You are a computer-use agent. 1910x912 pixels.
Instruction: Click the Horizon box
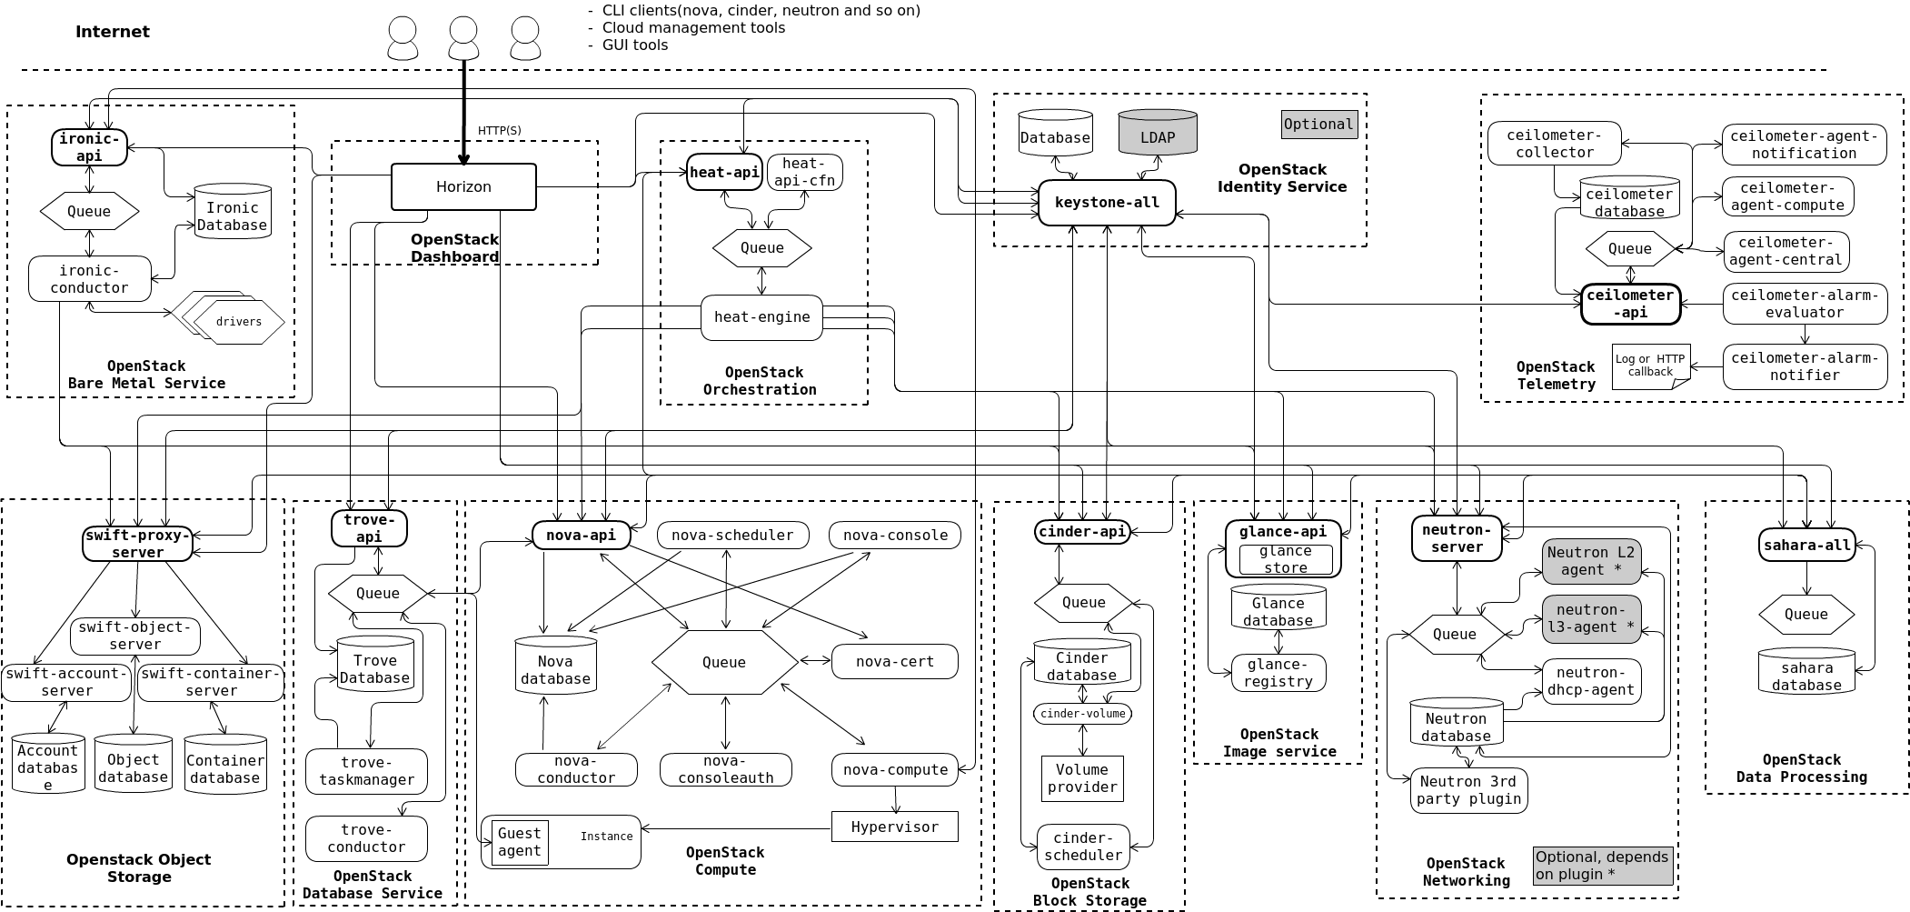click(x=463, y=186)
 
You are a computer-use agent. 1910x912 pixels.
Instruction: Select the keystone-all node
click(x=1107, y=202)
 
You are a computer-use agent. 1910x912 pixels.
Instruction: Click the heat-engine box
click(x=761, y=316)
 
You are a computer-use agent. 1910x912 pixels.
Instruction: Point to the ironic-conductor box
click(x=89, y=279)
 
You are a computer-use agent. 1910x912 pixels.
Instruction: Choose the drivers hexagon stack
click(x=238, y=320)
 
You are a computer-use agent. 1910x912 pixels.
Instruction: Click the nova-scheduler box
click(x=732, y=535)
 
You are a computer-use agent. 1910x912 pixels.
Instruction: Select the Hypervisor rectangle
click(x=894, y=827)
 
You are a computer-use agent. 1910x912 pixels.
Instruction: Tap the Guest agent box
click(x=520, y=842)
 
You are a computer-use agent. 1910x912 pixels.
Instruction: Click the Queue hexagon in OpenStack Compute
click(x=724, y=662)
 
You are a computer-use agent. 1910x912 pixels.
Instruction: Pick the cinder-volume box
click(x=1082, y=713)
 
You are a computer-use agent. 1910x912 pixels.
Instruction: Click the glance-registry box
click(x=1278, y=673)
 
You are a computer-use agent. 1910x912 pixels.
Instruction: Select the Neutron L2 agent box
click(x=1590, y=561)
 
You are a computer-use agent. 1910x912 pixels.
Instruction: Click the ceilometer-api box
click(x=1630, y=304)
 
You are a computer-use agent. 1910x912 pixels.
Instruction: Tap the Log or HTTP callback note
click(x=1649, y=366)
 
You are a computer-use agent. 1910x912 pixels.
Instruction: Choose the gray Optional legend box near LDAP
click(x=1318, y=125)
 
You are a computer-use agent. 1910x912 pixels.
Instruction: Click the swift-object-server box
click(x=134, y=636)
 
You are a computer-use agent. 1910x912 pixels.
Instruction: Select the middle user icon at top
click(x=463, y=39)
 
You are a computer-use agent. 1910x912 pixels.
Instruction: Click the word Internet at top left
click(x=112, y=32)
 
